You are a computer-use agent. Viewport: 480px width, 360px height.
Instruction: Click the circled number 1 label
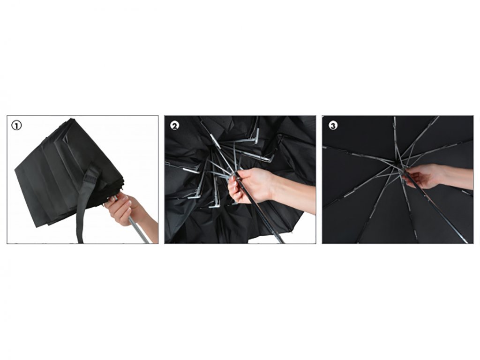pos(16,126)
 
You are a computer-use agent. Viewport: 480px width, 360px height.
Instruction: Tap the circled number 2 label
pos(175,126)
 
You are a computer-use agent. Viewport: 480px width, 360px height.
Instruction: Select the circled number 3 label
pos(333,126)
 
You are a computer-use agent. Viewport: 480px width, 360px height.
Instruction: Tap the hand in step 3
pos(422,176)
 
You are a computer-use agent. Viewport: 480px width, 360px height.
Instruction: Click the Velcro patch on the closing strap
pos(91,176)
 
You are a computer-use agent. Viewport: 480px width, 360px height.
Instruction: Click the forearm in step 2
pos(293,195)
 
